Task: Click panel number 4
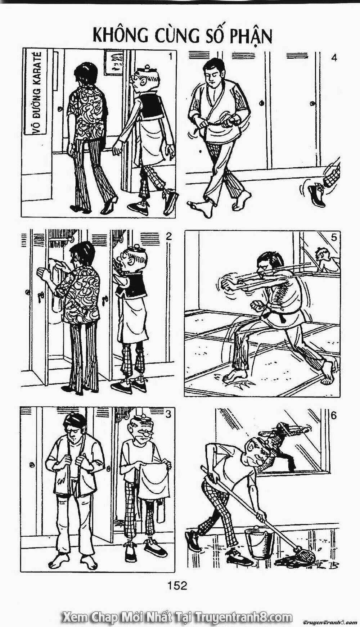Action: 334,57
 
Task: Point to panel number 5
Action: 334,237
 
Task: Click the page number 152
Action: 177,586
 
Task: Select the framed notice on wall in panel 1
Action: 114,62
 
